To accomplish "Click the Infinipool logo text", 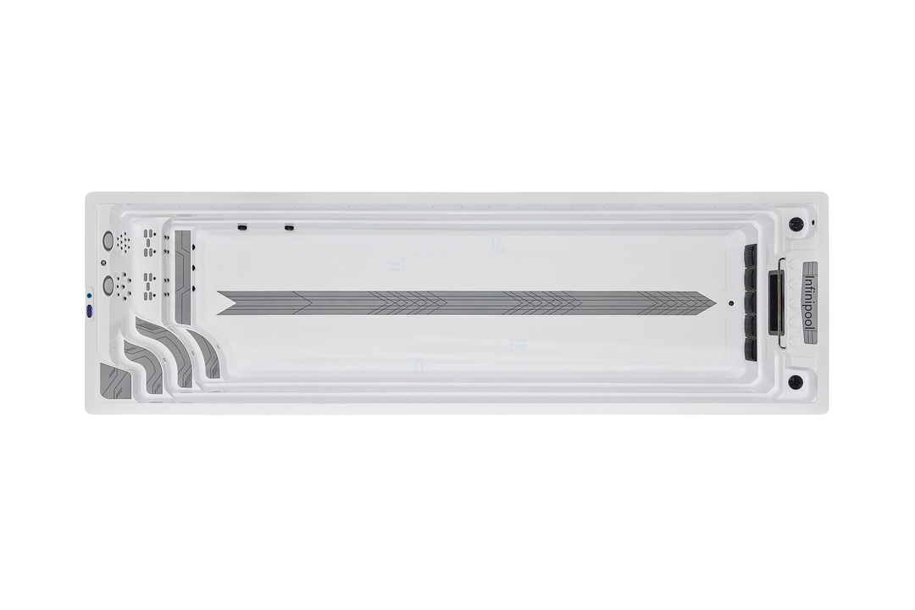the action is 809,303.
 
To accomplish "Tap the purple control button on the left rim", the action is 90,312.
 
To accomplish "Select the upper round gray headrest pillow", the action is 108,240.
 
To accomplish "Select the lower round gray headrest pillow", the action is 108,285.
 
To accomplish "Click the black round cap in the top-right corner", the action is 796,225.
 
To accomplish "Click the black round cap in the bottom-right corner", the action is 796,382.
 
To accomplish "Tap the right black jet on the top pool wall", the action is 289,227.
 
